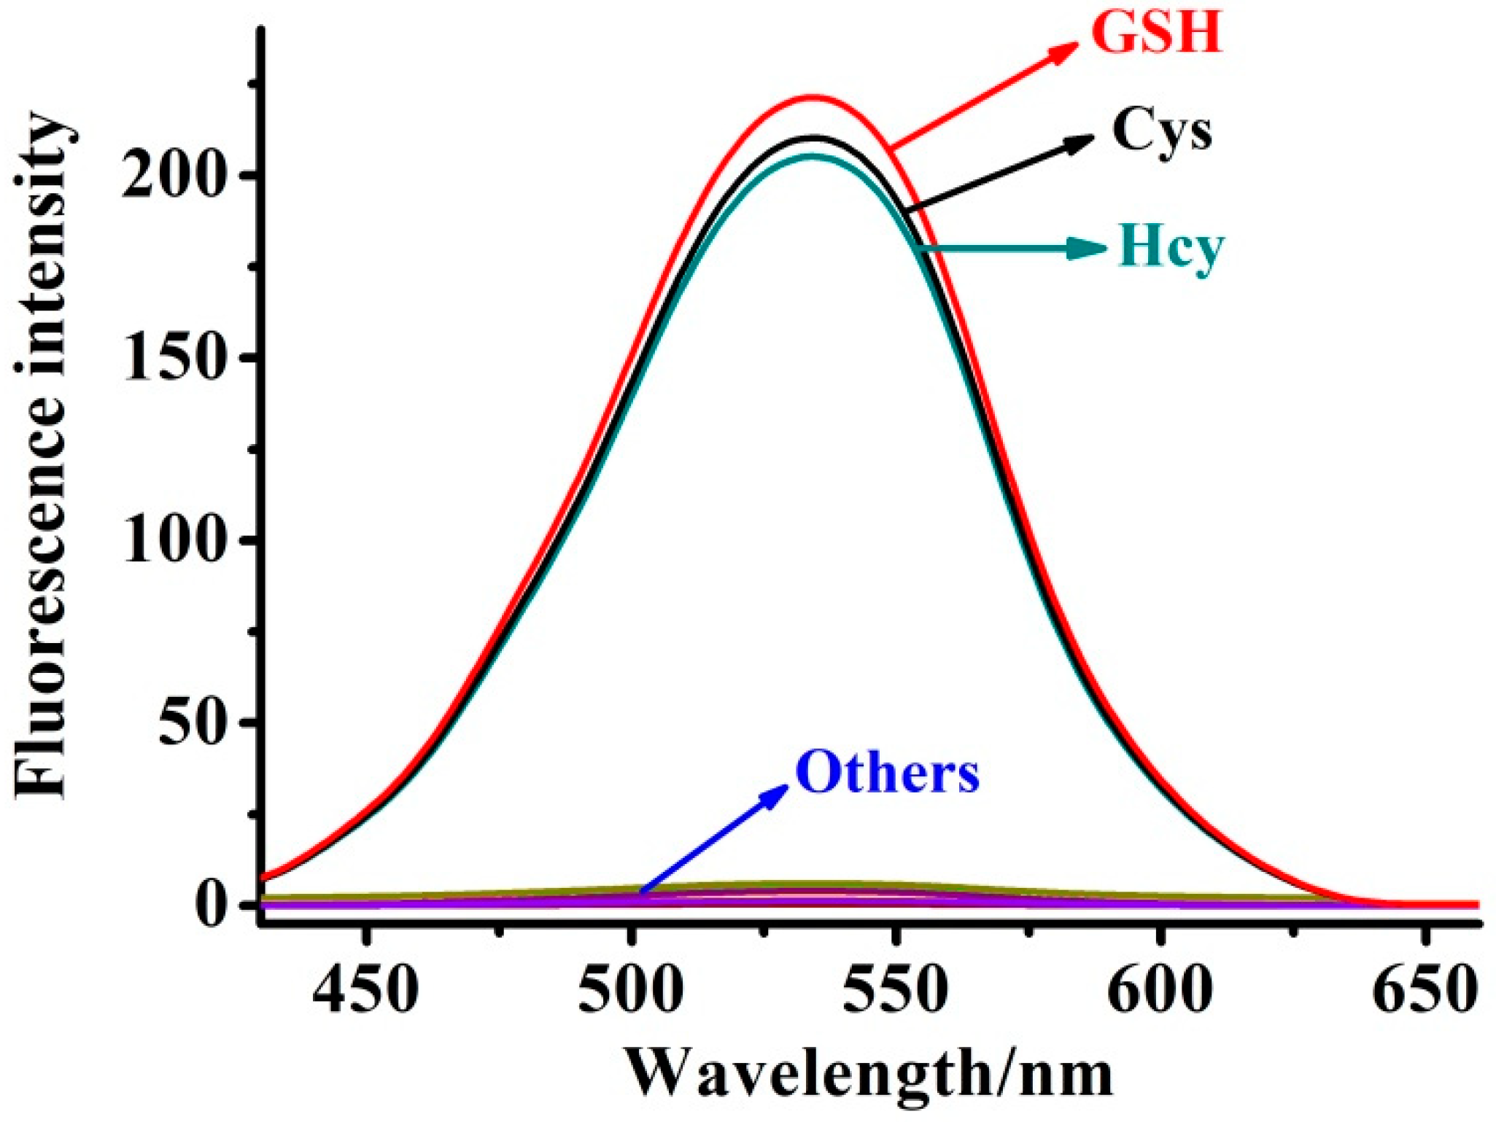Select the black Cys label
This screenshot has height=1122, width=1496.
click(1161, 131)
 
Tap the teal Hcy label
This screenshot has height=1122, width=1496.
click(1170, 248)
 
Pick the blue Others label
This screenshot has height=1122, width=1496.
click(887, 773)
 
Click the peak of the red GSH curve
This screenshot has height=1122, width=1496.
click(811, 96)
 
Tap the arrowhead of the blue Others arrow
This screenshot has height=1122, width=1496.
click(779, 791)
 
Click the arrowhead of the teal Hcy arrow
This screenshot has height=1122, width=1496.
click(1094, 249)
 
